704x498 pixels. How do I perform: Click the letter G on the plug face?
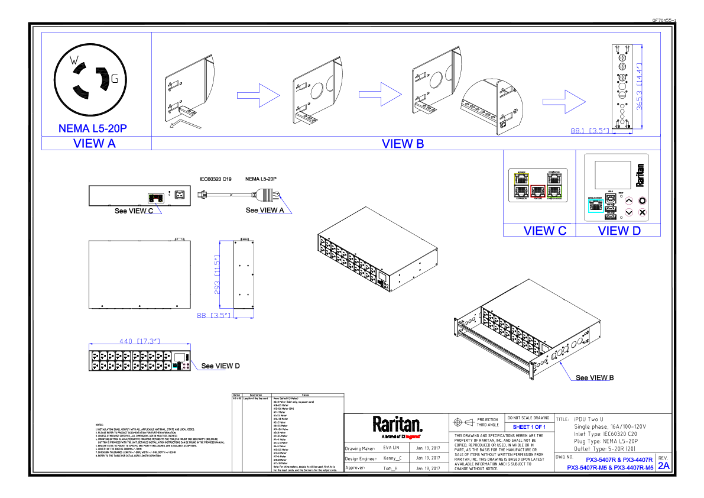tap(114, 78)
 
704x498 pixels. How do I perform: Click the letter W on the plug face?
tap(74, 60)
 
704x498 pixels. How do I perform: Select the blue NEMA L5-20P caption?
tap(93, 128)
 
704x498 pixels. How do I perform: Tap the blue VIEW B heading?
tap(403, 144)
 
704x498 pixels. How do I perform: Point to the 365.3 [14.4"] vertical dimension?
tap(639, 86)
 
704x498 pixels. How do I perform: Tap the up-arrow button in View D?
tap(629, 201)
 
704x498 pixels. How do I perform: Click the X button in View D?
tap(643, 212)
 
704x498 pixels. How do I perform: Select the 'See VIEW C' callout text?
tap(134, 211)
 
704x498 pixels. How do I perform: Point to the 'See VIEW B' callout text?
tap(595, 377)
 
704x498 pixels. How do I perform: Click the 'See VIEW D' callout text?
tap(220, 366)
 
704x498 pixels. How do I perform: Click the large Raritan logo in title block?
tap(397, 424)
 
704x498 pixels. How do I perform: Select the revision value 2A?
tap(664, 465)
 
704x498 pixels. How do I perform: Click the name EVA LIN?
tap(392, 448)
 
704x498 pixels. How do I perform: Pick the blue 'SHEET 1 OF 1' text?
tap(528, 426)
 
